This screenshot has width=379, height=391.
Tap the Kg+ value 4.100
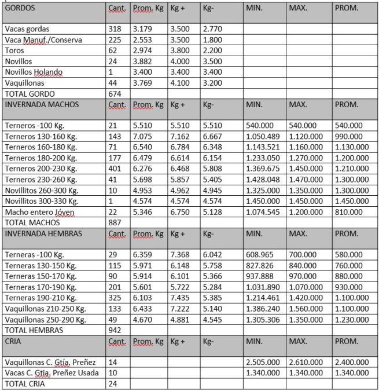point(180,83)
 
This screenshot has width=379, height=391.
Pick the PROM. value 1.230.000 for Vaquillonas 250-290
point(354,319)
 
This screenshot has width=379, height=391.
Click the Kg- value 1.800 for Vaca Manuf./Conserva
point(212,39)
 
